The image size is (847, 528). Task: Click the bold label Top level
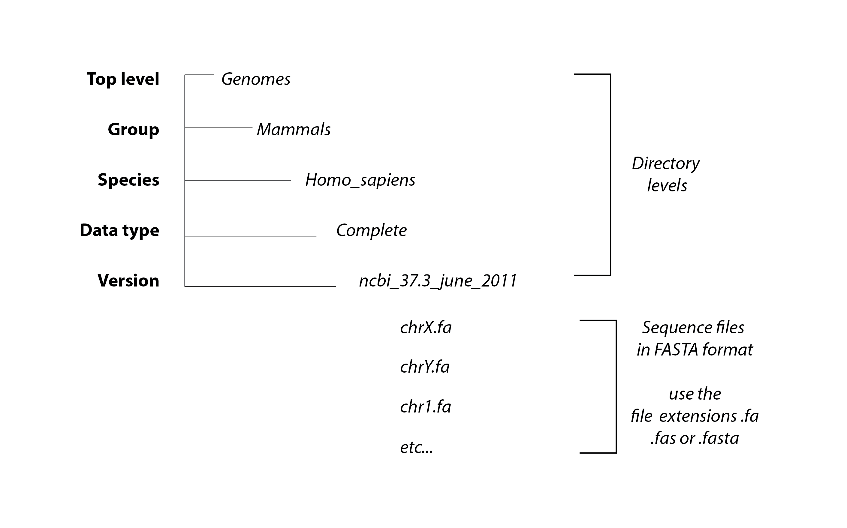(123, 79)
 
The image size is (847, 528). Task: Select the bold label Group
(134, 130)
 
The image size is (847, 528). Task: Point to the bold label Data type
(119, 231)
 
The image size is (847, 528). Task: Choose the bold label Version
(128, 281)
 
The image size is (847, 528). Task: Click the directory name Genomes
(256, 79)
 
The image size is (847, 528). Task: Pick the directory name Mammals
(294, 130)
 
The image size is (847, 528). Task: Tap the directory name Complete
(372, 230)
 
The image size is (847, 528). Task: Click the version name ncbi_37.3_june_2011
(438, 281)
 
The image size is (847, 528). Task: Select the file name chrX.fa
(426, 328)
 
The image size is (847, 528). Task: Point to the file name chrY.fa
(425, 367)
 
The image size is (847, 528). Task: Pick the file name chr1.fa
(425, 407)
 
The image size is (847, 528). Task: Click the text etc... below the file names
(416, 447)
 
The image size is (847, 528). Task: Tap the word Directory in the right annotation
(666, 164)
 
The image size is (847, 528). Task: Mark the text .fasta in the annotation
(719, 438)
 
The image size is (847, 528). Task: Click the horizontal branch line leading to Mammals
(219, 127)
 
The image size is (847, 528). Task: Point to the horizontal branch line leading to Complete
(250, 236)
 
